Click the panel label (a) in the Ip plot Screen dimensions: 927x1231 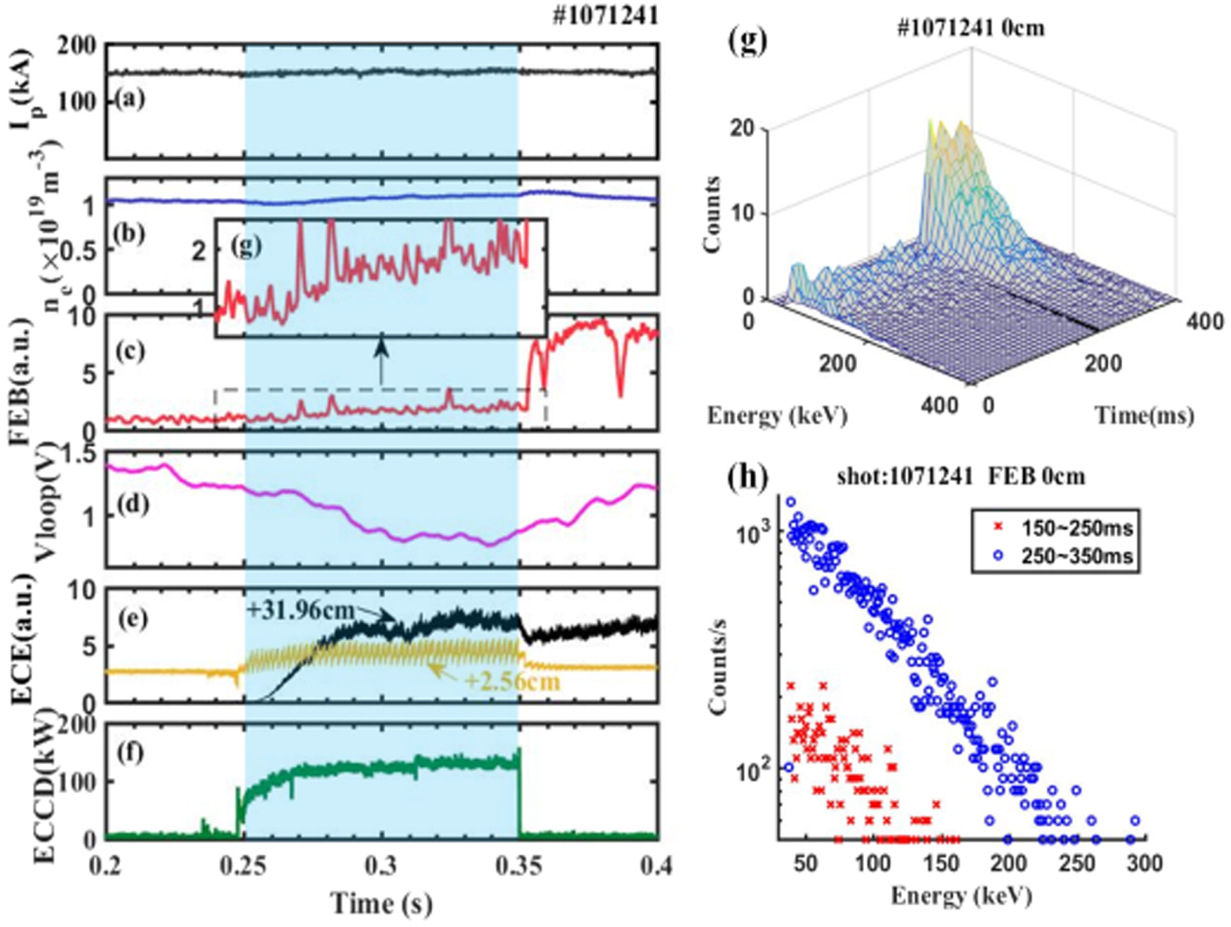(130, 100)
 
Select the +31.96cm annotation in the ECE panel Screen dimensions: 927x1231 (300, 609)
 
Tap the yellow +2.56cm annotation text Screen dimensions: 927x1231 (513, 681)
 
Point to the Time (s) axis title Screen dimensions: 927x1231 (381, 903)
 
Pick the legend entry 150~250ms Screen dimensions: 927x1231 (1077, 528)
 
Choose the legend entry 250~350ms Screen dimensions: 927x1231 (1077, 556)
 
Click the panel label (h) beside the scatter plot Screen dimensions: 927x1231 (747, 476)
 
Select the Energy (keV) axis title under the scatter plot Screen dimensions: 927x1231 (960, 895)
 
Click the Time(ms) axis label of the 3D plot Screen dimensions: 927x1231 (1144, 415)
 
